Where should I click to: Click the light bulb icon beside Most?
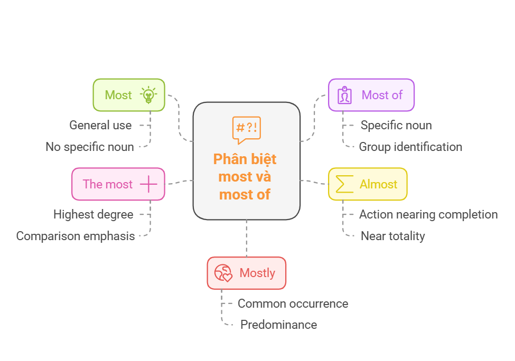148,95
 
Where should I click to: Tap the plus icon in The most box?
148,184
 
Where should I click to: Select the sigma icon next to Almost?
344,184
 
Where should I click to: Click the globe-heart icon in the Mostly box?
223,273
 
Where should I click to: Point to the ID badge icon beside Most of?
345,95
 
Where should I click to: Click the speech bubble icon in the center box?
246,129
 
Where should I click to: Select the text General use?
100,126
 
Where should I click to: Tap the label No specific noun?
89,147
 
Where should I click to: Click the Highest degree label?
93,214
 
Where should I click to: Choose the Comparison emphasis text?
75,236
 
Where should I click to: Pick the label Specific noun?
396,126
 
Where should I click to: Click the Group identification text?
410,147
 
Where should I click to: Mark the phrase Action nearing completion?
428,214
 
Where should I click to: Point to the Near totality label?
392,236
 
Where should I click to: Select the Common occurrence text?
293,303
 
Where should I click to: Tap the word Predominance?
278,325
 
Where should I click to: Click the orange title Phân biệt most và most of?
245,176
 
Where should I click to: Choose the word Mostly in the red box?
257,273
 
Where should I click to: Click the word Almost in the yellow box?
378,184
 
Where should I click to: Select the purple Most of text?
382,95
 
